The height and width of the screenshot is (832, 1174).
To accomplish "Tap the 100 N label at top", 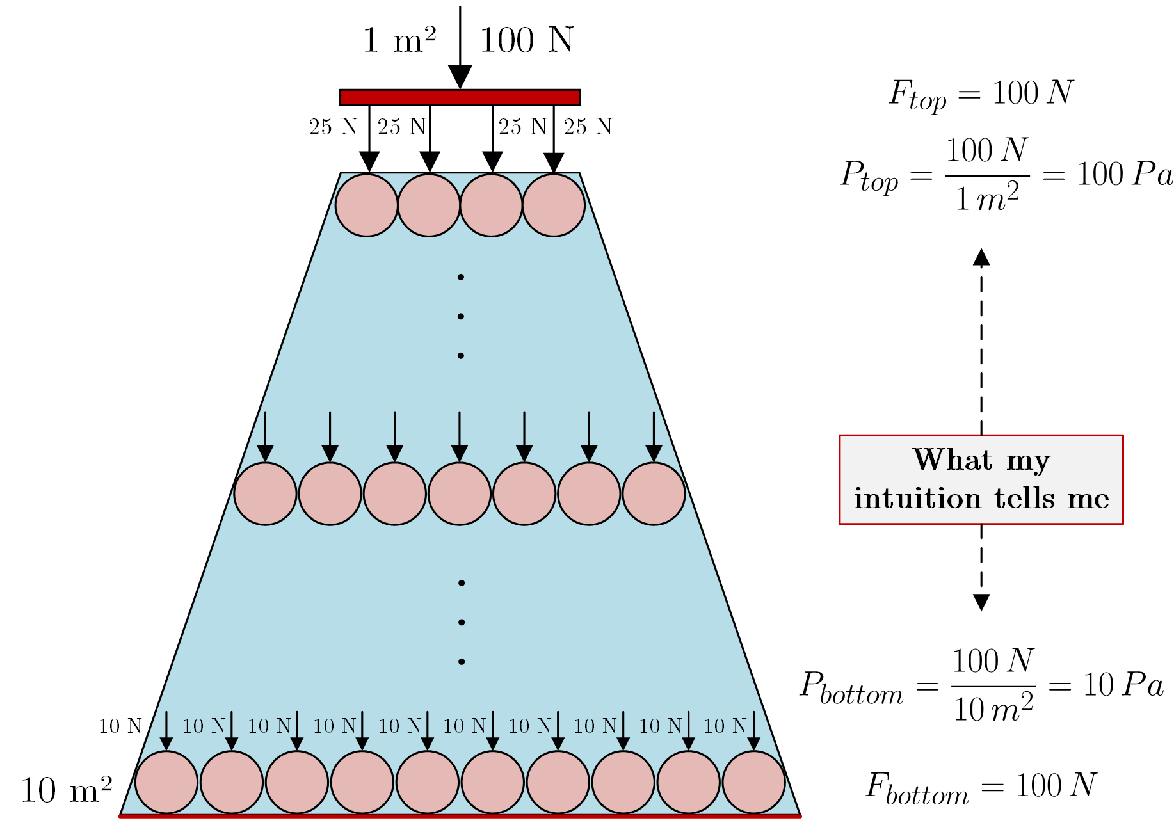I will tap(526, 40).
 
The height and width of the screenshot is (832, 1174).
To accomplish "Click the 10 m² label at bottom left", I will tap(67, 790).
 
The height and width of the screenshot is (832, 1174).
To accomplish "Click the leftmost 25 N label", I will tap(333, 127).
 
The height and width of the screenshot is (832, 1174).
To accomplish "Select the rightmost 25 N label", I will tap(588, 127).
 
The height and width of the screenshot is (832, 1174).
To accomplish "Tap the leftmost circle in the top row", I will tap(367, 205).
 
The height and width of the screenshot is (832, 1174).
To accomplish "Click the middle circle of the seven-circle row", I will tap(460, 493).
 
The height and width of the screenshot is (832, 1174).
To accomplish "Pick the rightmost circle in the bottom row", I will tap(753, 782).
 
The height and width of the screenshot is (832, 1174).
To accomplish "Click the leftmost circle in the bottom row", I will tap(166, 782).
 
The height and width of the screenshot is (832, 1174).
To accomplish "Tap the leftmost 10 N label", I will tap(120, 726).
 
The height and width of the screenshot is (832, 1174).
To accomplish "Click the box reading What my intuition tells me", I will tap(981, 479).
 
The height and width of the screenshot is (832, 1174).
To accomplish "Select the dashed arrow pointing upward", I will tap(981, 339).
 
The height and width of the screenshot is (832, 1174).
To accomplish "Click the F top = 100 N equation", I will tap(981, 94).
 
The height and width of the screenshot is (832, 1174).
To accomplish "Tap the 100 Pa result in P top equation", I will tap(1124, 174).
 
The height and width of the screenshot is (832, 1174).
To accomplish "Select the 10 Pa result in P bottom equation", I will tap(1123, 685).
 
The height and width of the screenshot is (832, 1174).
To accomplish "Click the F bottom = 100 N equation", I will tap(981, 787).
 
